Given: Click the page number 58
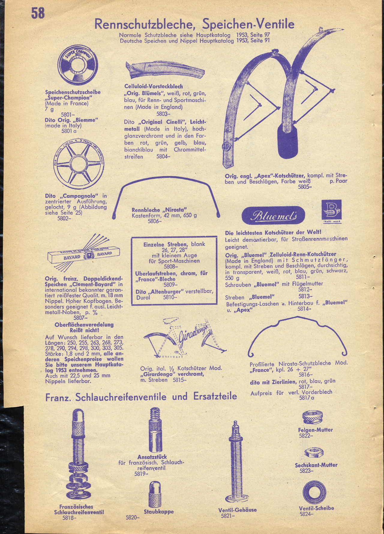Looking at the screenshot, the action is [38, 13].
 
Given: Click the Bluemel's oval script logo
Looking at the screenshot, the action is [273, 215].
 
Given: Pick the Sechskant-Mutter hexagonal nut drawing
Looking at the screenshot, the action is [314, 453].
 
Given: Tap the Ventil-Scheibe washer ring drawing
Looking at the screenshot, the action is [314, 492].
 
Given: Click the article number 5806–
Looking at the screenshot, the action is [154, 221].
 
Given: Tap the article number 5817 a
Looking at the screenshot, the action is [307, 398].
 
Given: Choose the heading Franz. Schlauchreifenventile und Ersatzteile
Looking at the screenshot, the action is [141, 397].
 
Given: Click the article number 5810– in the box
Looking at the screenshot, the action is [170, 297].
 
